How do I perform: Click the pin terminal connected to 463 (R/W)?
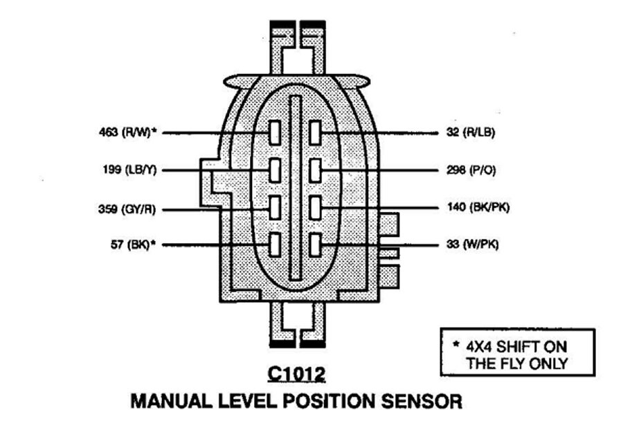(x=275, y=132)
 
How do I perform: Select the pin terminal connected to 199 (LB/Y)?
(x=275, y=170)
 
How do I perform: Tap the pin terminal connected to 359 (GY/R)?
(x=275, y=207)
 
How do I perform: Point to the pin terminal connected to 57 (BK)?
(x=275, y=244)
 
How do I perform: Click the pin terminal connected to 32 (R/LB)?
(x=315, y=132)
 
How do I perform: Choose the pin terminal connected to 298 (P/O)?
(x=315, y=170)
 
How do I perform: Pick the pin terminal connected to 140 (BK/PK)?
(x=315, y=207)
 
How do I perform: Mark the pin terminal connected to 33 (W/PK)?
(x=315, y=244)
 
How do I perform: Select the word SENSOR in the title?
(x=419, y=401)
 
